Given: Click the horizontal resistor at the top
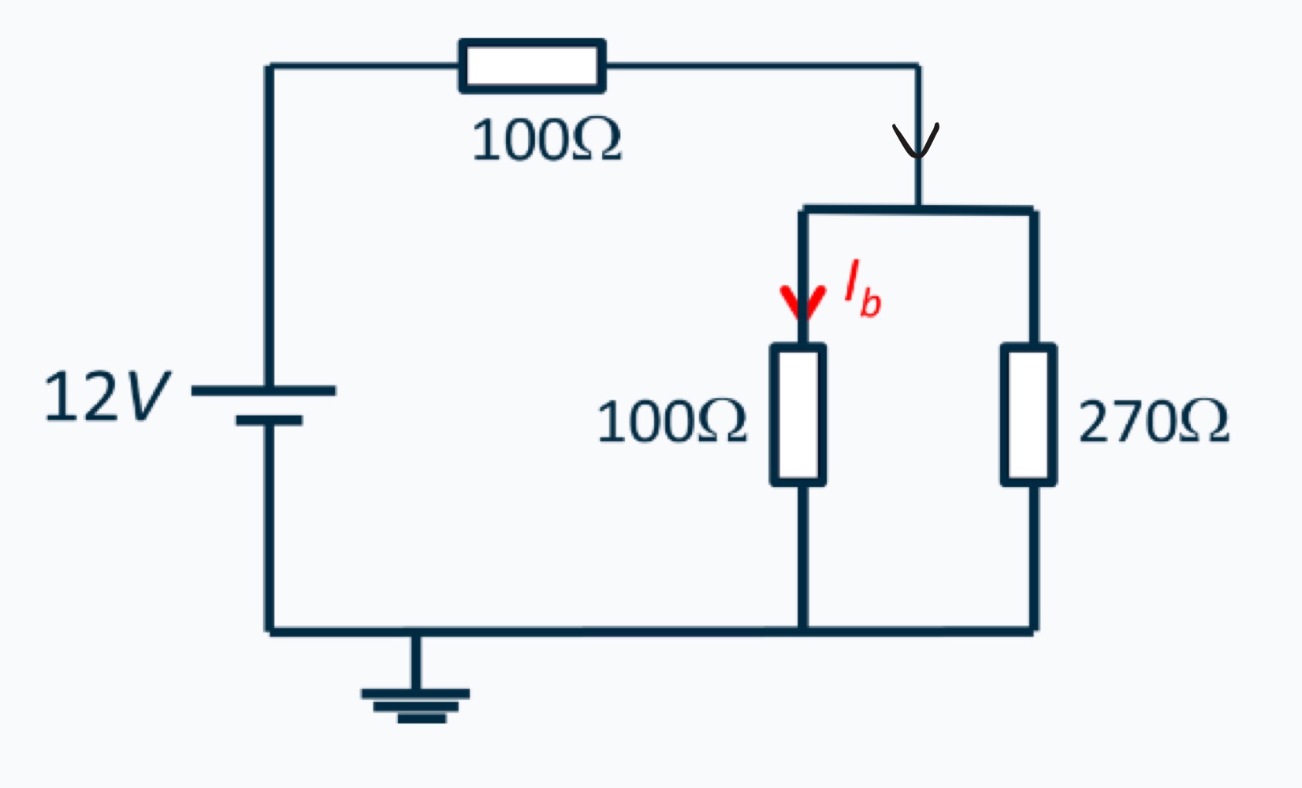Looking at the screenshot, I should pyautogui.click(x=532, y=65).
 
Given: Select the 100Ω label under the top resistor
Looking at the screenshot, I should pyautogui.click(x=546, y=141).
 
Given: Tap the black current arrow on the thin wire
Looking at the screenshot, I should pyautogui.click(x=916, y=140).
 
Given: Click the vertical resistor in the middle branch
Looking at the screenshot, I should pyautogui.click(x=798, y=414).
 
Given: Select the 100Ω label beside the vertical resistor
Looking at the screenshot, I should pyautogui.click(x=671, y=422).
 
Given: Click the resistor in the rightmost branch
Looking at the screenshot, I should pyautogui.click(x=1029, y=414).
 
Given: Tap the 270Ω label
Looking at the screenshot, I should pyautogui.click(x=1153, y=422).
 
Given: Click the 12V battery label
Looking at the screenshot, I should pyautogui.click(x=106, y=396).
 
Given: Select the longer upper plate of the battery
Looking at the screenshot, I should pyautogui.click(x=264, y=390).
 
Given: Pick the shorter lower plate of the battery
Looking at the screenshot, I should pyautogui.click(x=269, y=421).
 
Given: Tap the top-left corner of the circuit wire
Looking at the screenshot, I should pyautogui.click(x=270, y=66).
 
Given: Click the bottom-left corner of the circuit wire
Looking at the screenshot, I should pyautogui.click(x=270, y=630).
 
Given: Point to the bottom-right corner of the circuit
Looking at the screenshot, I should pyautogui.click(x=1033, y=630).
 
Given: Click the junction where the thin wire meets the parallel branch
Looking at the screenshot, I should pyautogui.click(x=917, y=210).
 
